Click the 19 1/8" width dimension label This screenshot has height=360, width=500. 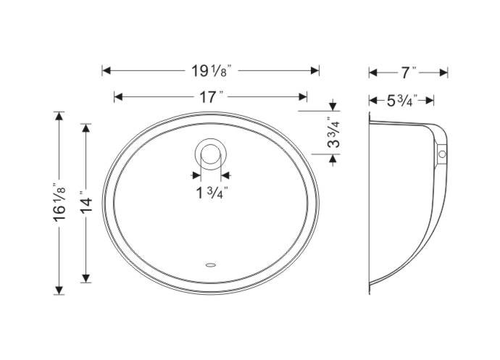[211, 71]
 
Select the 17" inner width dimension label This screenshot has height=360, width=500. [211, 96]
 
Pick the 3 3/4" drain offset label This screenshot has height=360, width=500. [333, 133]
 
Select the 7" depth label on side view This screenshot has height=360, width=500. [409, 72]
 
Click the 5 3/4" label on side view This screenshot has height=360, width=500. [402, 101]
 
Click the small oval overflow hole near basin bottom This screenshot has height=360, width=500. [211, 264]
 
